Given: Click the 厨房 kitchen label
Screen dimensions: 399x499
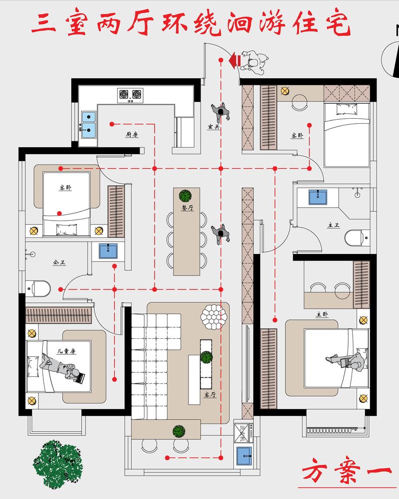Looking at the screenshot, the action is pos(132,134).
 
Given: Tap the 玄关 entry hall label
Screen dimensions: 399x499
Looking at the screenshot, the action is pos(214,127).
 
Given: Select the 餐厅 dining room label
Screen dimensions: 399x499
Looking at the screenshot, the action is pos(188,208).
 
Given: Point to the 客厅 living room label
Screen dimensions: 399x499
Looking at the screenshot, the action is pos(210,395).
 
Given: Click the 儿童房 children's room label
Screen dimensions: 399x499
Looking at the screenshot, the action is pos(66,351).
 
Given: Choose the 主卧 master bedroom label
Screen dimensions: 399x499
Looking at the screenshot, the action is pos(322,314).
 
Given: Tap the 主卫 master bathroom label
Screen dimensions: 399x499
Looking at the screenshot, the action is pos(334,225).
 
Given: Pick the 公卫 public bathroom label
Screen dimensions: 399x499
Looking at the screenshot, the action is pos(59,262).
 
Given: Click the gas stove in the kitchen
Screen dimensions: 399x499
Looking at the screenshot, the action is pos(130,95).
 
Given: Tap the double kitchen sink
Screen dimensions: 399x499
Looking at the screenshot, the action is pos(88,124).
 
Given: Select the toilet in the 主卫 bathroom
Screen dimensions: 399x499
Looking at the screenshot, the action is pos(357,238).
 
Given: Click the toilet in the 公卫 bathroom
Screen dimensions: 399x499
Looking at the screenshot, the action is pos(38,288).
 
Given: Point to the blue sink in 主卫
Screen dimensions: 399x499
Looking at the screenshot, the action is pos(318,197).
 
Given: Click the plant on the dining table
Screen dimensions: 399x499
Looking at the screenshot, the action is pos(186,196).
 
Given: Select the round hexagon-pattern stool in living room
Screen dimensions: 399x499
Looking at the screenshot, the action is pos(214,317).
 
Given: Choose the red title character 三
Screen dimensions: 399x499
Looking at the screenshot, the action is pos(44,24).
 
